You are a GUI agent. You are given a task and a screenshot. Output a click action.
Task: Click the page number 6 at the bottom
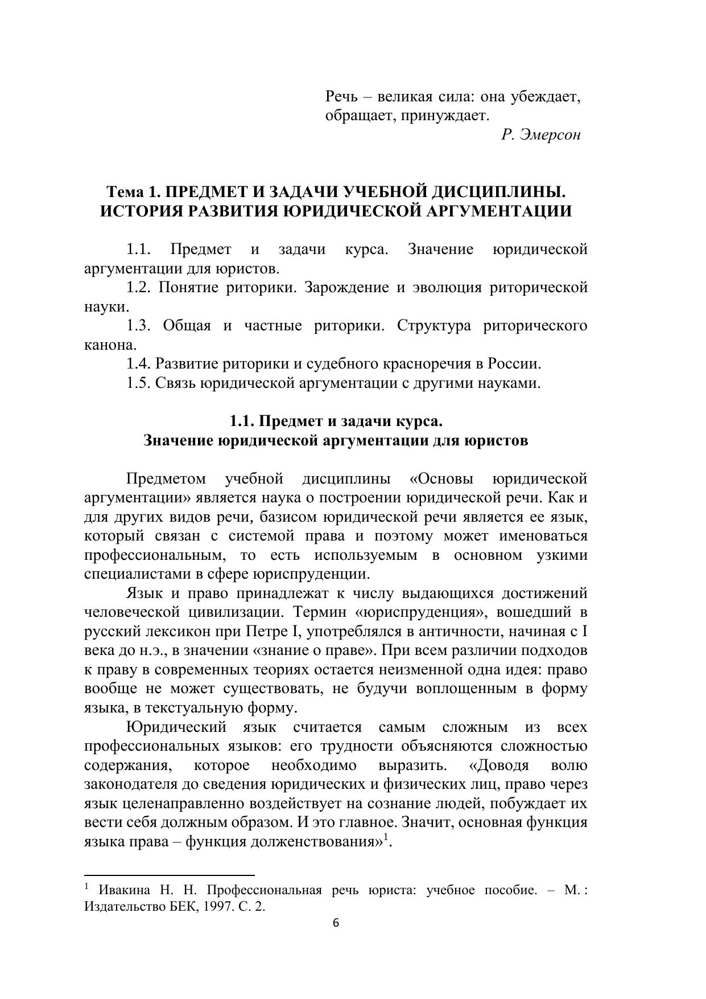click(335, 923)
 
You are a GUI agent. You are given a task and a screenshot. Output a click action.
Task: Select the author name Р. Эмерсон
click(540, 135)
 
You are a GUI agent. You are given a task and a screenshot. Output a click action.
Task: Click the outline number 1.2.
click(138, 288)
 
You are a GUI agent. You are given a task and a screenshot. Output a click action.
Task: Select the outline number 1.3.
click(138, 326)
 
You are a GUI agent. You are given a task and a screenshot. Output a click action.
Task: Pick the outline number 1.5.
click(138, 383)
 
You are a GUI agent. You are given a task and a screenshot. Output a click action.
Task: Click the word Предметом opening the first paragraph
click(166, 478)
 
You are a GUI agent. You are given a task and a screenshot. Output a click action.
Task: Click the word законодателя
click(132, 784)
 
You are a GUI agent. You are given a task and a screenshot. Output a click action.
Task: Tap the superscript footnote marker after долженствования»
click(386, 837)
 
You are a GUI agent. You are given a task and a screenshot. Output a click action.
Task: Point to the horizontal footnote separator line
click(169, 875)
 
